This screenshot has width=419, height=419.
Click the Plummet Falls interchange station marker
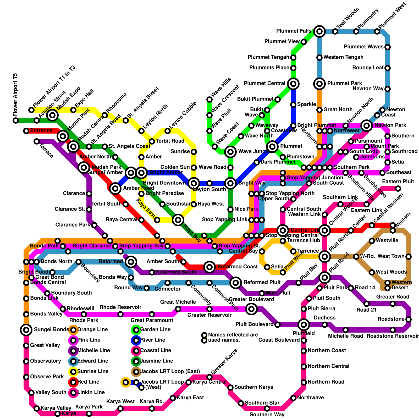(319, 31)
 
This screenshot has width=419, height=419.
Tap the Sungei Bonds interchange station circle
(26, 330)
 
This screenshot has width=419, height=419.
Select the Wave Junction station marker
(230, 152)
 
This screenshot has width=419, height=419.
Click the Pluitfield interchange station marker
(304, 325)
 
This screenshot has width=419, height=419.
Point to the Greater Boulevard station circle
(251, 309)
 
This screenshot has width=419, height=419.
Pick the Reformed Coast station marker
(210, 267)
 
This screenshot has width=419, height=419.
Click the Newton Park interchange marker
(367, 126)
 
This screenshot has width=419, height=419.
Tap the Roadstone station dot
(409, 319)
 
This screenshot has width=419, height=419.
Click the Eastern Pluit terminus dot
(398, 188)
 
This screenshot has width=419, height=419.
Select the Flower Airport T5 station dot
(16, 120)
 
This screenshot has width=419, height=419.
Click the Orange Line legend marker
(73, 330)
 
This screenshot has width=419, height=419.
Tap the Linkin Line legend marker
(73, 393)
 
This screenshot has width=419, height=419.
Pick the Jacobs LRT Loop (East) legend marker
(136, 372)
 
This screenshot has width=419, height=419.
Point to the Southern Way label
(267, 415)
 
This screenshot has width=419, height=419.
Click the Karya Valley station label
(56, 408)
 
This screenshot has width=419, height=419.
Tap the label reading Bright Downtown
(164, 183)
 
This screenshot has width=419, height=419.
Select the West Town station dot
(409, 257)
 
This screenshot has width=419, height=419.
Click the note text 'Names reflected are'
(233, 335)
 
